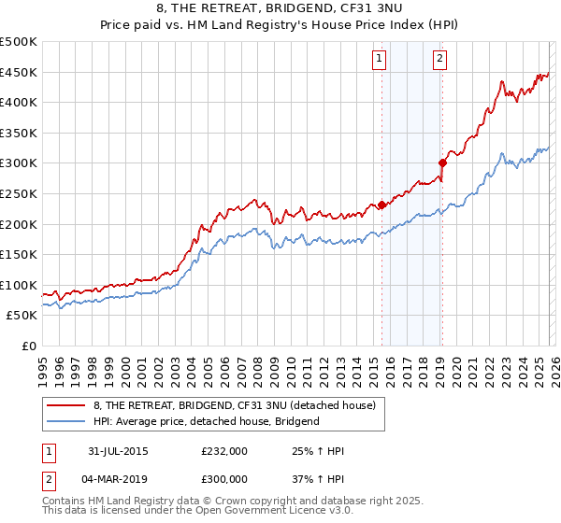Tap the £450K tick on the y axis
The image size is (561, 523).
coord(19,72)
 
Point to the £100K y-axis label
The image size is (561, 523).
coord(19,285)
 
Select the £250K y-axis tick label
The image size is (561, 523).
coord(19,193)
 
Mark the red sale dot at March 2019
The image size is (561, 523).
coord(442,163)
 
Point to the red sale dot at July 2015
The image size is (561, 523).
coord(381,205)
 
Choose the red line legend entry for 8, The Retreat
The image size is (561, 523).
coord(234,405)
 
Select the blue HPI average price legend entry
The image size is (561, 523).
coord(206,421)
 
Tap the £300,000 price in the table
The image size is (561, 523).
coord(224,478)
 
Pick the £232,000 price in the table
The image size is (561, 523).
coord(224,451)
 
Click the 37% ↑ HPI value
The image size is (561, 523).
coord(319,478)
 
